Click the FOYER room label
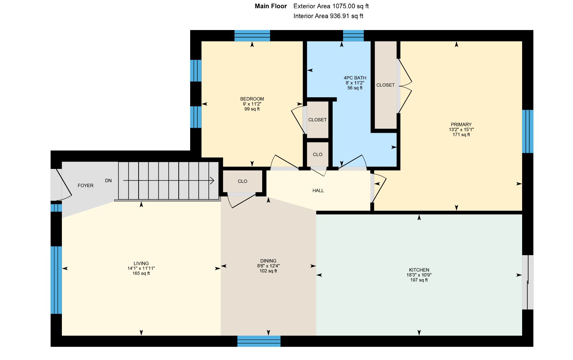click(86, 186)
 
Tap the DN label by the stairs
click(108, 180)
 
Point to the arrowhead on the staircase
click(212, 180)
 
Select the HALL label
click(318, 190)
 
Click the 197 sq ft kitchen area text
click(419, 280)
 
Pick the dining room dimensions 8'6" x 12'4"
click(268, 266)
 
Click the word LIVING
click(141, 263)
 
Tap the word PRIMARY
click(461, 125)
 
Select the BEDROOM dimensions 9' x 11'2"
click(252, 104)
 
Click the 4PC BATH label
click(355, 78)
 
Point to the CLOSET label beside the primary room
click(385, 85)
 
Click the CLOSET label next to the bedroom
click(317, 120)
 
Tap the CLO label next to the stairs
click(242, 181)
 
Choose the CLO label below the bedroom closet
click(317, 155)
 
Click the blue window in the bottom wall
click(259, 341)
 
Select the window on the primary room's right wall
click(528, 131)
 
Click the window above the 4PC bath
click(353, 35)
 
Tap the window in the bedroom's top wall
click(252, 35)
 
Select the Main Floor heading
click(271, 6)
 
